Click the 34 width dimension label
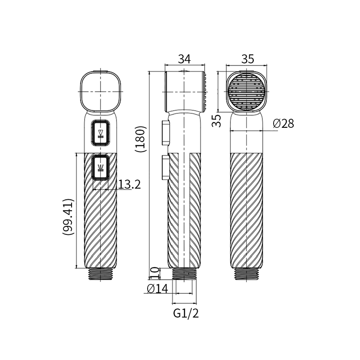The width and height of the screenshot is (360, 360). [184, 59]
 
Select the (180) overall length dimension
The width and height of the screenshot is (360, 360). [140, 139]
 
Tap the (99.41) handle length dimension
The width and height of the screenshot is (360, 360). [68, 216]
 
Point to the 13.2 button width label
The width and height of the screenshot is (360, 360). [129, 184]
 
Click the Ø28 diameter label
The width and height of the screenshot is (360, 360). [283, 123]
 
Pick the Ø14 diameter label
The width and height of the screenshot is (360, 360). [157, 288]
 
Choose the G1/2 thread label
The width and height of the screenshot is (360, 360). [186, 313]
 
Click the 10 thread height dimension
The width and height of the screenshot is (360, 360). [155, 273]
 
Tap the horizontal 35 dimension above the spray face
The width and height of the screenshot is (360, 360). [248, 59]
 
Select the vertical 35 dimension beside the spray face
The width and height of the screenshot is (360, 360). [216, 121]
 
